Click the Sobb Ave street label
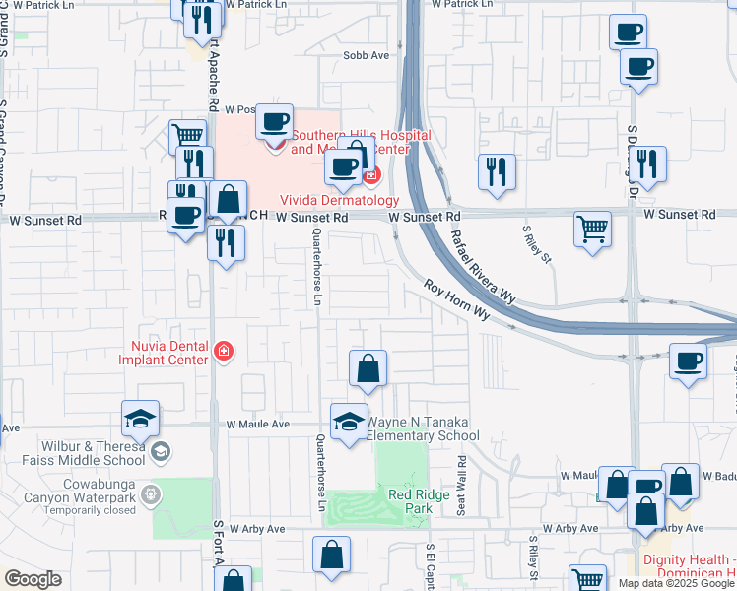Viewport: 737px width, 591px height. pos(366,56)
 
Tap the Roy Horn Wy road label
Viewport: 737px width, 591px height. pos(457,300)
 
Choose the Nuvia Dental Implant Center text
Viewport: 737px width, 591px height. pos(170,352)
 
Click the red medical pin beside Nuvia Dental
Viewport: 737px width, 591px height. pos(224,352)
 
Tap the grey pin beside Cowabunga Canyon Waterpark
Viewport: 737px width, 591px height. pos(151,493)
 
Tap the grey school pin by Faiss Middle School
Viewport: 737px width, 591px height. pos(162,452)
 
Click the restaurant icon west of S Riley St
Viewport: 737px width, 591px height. pos(497,171)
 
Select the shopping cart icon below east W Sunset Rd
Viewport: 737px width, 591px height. pos(592,230)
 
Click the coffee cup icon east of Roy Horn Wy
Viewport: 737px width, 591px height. pos(688,361)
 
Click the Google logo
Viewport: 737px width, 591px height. pos(32,579)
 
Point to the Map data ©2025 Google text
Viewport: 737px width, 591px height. pos(676,583)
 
